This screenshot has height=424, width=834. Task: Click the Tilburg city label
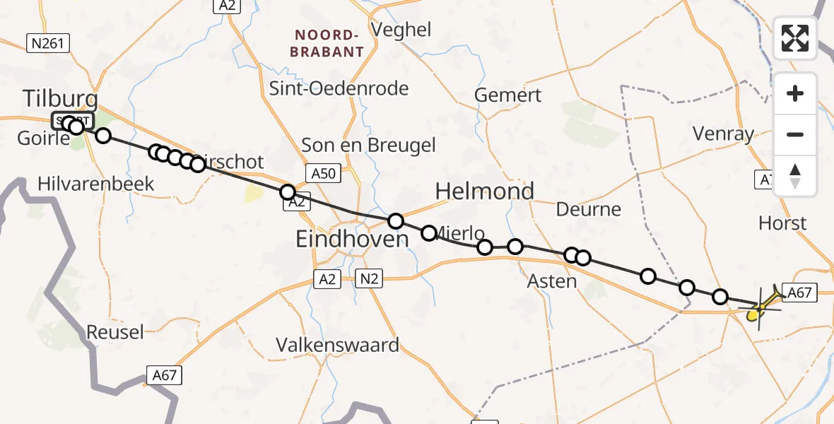(60, 99)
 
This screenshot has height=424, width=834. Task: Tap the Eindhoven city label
(352, 240)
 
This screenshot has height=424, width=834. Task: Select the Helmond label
(484, 192)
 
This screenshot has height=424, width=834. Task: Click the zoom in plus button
(795, 93)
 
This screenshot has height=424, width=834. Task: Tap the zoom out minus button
(795, 134)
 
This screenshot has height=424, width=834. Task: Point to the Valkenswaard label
(337, 345)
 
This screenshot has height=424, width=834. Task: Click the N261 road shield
(48, 44)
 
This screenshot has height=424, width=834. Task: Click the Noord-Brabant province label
(329, 43)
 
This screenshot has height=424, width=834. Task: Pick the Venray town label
(723, 134)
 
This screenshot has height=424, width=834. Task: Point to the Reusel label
(114, 331)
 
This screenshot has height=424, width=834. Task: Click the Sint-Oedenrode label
(339, 88)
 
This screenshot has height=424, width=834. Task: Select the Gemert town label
(507, 95)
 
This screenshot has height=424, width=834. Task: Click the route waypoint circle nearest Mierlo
(429, 233)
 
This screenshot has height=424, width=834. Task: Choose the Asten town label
(552, 281)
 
